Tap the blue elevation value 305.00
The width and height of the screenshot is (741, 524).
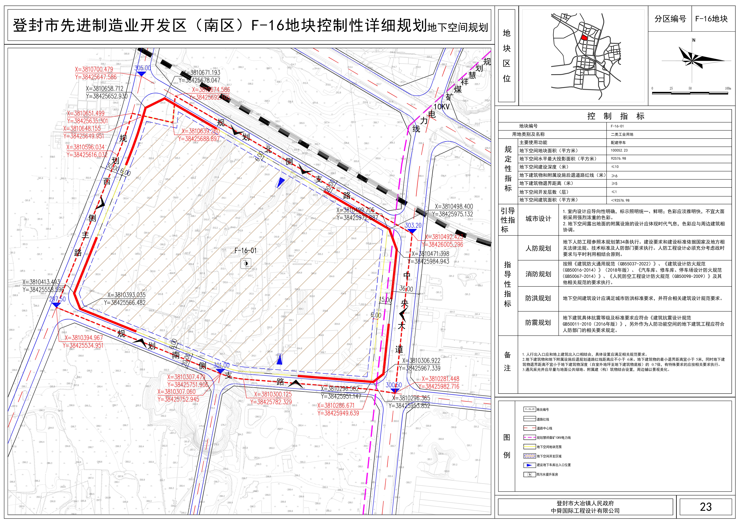tap(142, 68)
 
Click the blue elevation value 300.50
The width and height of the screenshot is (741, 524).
tap(394, 385)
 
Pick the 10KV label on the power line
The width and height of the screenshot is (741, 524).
tap(441, 106)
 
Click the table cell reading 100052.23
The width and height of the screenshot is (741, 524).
tap(619, 150)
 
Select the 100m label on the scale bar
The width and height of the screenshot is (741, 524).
tap(728, 88)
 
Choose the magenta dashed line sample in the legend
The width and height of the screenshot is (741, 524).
tap(529, 438)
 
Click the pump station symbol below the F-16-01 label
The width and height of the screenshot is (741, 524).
tap(246, 264)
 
